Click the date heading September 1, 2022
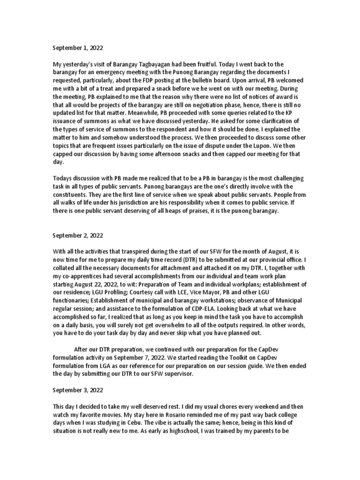(x=77, y=48)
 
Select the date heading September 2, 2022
(x=77, y=235)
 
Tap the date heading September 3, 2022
(x=77, y=390)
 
